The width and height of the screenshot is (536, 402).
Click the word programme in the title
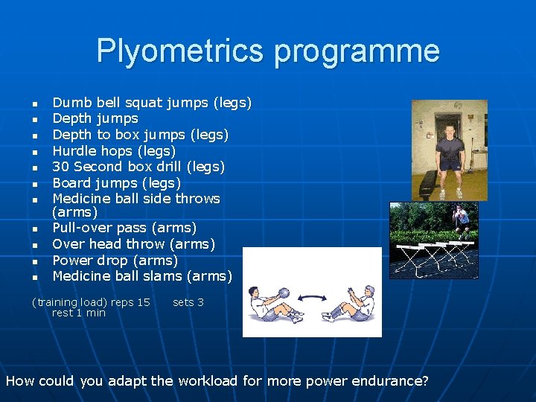point(357,51)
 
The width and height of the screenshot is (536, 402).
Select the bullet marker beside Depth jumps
point(34,119)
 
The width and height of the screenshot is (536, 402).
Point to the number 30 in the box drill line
point(61,167)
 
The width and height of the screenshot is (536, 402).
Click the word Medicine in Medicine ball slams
point(83,276)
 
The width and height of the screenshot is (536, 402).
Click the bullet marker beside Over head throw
point(34,245)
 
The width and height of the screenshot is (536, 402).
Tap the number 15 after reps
point(143,302)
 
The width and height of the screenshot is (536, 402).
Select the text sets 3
point(188,302)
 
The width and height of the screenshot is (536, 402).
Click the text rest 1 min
point(79,313)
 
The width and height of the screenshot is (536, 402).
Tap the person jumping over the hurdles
point(462,218)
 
